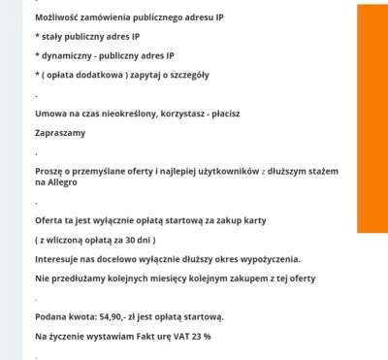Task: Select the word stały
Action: pos(54,38)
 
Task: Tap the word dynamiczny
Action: pos(69,56)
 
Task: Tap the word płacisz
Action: pos(220,114)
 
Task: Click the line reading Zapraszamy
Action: pos(60,133)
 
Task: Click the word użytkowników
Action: pos(244,171)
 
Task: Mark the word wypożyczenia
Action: pos(267,259)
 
